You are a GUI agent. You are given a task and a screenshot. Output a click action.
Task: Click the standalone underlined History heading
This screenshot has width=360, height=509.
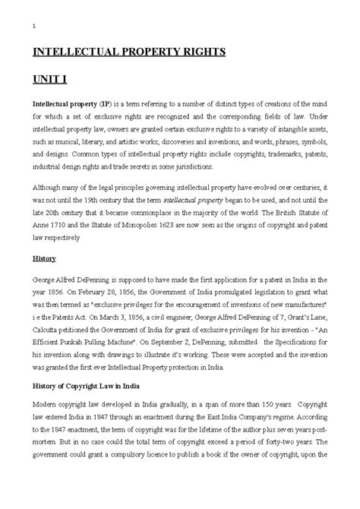(44, 258)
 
